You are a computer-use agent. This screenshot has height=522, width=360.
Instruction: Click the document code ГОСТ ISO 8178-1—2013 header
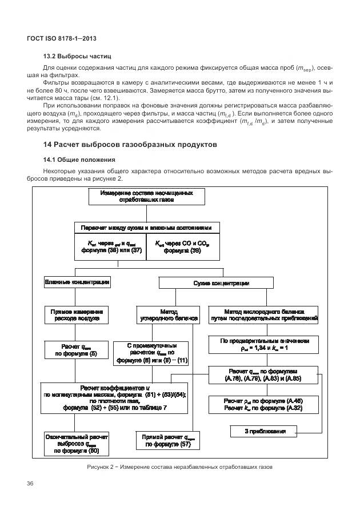[x=62, y=38]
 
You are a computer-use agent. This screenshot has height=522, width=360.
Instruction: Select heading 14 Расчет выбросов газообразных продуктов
[x=126, y=145]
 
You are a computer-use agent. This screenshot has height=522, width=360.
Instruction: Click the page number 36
[x=30, y=484]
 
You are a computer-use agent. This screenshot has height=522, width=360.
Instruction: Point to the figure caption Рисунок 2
[x=179, y=467]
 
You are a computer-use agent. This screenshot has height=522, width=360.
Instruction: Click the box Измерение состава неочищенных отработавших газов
[x=146, y=197]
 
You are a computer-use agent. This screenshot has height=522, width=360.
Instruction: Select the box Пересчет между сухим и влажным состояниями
[x=146, y=228]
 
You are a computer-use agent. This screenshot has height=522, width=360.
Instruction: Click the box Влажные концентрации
[x=77, y=282]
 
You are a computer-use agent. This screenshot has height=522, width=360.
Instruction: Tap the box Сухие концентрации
[x=221, y=283]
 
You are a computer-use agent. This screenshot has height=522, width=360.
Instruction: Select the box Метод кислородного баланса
[x=263, y=315]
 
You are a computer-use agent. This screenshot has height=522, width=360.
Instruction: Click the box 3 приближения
[x=265, y=431]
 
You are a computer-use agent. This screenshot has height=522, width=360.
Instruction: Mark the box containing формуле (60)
[x=77, y=444]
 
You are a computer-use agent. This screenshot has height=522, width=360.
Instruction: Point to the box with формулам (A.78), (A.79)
[x=263, y=374]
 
